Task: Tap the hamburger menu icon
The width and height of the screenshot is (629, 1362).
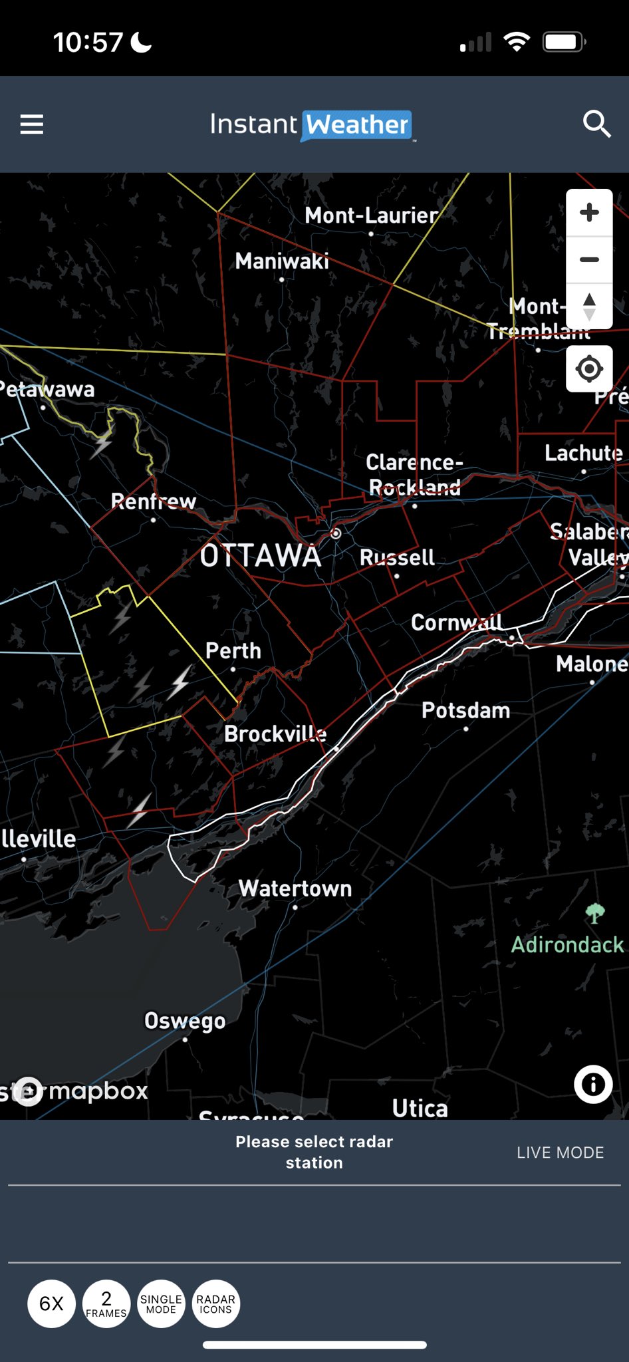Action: [32, 124]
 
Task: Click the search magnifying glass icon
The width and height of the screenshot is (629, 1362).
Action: [596, 124]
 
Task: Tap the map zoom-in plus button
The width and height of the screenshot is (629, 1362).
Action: [589, 213]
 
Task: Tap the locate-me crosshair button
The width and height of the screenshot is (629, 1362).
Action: [589, 368]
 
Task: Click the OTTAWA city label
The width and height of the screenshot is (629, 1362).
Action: [261, 556]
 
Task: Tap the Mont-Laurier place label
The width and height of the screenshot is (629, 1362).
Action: [371, 215]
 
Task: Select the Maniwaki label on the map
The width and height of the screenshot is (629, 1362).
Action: [282, 261]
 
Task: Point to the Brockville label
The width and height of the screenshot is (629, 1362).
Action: [275, 734]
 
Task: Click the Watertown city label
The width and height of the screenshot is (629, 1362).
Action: [295, 888]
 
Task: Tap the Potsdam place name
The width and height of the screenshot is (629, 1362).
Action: [465, 710]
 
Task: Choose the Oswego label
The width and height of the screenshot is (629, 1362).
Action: [185, 1021]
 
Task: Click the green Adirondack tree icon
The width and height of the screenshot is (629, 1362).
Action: [594, 913]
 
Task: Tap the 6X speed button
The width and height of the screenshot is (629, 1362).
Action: [51, 1303]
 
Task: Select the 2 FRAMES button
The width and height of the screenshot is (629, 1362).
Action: [106, 1303]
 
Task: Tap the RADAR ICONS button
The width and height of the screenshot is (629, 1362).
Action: [215, 1303]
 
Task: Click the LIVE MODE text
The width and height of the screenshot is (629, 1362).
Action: [560, 1153]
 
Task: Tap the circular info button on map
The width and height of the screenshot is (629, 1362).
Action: [592, 1085]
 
